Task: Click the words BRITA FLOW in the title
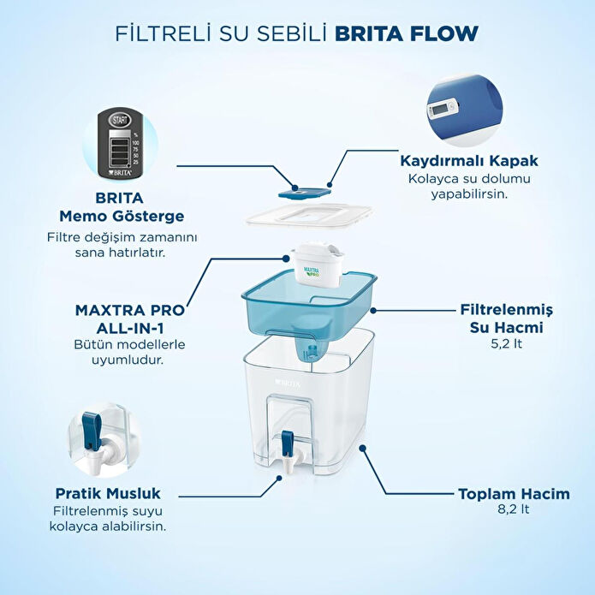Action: tap(407, 33)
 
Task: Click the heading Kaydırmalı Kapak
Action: tap(461, 160)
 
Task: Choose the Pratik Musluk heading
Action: tap(108, 493)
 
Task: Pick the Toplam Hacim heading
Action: tap(501, 494)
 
